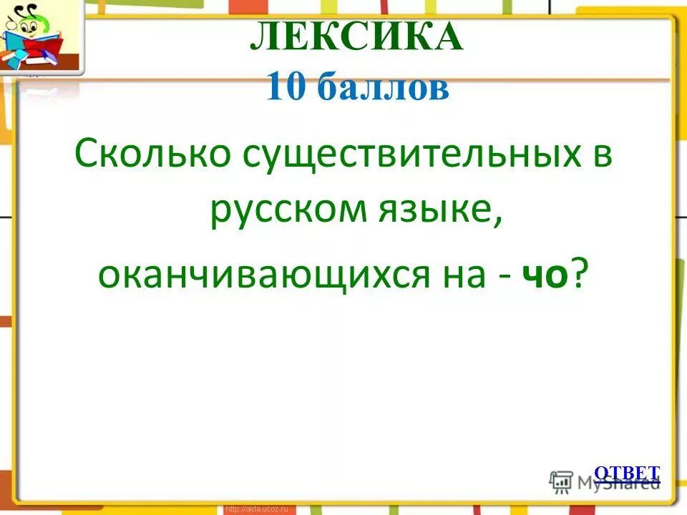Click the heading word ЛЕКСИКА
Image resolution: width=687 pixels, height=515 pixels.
356,38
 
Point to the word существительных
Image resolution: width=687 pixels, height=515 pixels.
403,154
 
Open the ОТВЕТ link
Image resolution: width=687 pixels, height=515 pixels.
627,473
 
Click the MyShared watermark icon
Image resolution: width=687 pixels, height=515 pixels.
560,481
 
